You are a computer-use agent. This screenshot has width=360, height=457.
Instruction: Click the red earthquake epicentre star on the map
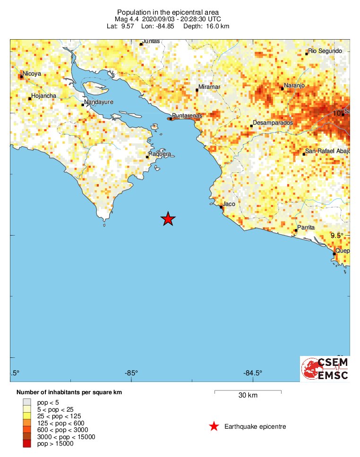(x=168, y=219)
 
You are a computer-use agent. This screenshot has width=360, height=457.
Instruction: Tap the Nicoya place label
(x=32, y=74)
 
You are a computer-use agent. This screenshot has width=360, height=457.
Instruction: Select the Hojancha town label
(x=43, y=96)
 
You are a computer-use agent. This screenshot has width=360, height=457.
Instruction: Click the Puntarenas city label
(x=187, y=116)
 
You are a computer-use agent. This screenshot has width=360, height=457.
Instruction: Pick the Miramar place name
(x=209, y=87)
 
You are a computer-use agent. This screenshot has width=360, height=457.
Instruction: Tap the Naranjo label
(x=293, y=86)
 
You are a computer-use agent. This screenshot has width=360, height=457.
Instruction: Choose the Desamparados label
(x=273, y=123)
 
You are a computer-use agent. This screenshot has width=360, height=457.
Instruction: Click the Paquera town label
(x=159, y=154)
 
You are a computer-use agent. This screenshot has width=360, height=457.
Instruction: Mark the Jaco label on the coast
(x=229, y=204)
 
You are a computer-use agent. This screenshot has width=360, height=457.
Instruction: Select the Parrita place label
(x=306, y=228)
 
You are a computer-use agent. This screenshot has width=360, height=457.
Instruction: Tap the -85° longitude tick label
(x=131, y=374)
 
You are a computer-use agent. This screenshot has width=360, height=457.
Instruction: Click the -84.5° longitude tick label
(x=253, y=374)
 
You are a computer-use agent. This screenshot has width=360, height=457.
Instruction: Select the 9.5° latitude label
(x=337, y=236)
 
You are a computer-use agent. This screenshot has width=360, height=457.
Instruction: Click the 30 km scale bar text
(x=248, y=396)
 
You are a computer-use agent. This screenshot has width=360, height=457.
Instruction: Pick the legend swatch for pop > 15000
(x=26, y=443)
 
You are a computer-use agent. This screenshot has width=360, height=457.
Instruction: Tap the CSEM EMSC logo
(x=325, y=369)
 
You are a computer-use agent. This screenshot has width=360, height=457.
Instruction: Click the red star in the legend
(x=214, y=427)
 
